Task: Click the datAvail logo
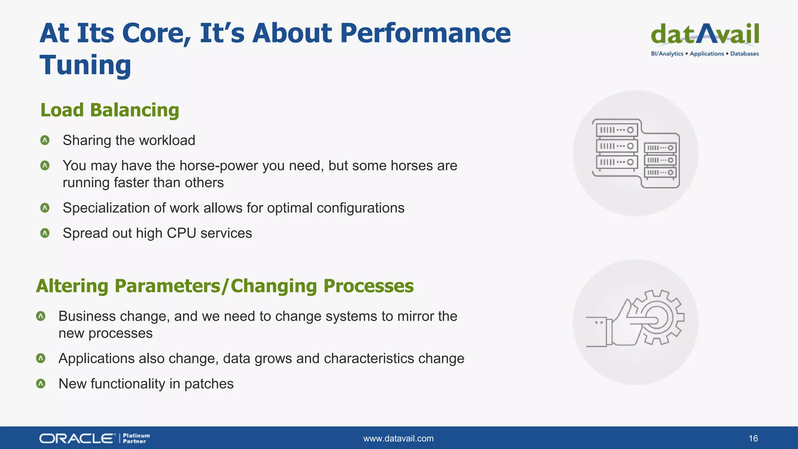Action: [705, 35]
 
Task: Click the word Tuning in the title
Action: [85, 65]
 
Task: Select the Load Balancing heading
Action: [109, 110]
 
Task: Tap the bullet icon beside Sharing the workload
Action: [45, 140]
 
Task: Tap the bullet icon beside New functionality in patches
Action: [41, 384]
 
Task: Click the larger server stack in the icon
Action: [617, 146]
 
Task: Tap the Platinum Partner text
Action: [136, 438]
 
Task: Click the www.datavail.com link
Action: [398, 438]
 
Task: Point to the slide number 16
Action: [753, 438]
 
